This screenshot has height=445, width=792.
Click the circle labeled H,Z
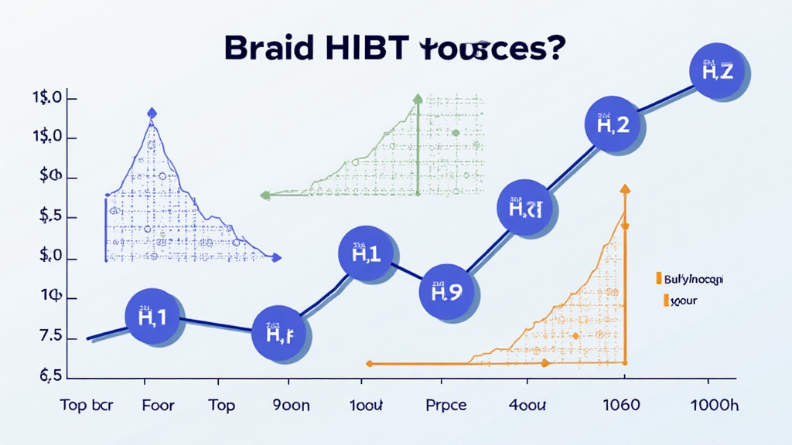[x=716, y=72]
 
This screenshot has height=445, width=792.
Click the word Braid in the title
[x=266, y=47]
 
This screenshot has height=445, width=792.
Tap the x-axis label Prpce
[x=446, y=406]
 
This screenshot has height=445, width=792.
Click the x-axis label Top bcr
[x=86, y=406]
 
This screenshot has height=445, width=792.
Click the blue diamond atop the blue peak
[x=152, y=114]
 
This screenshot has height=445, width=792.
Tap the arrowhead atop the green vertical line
[x=417, y=99]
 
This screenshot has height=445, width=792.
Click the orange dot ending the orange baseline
[x=370, y=363]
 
